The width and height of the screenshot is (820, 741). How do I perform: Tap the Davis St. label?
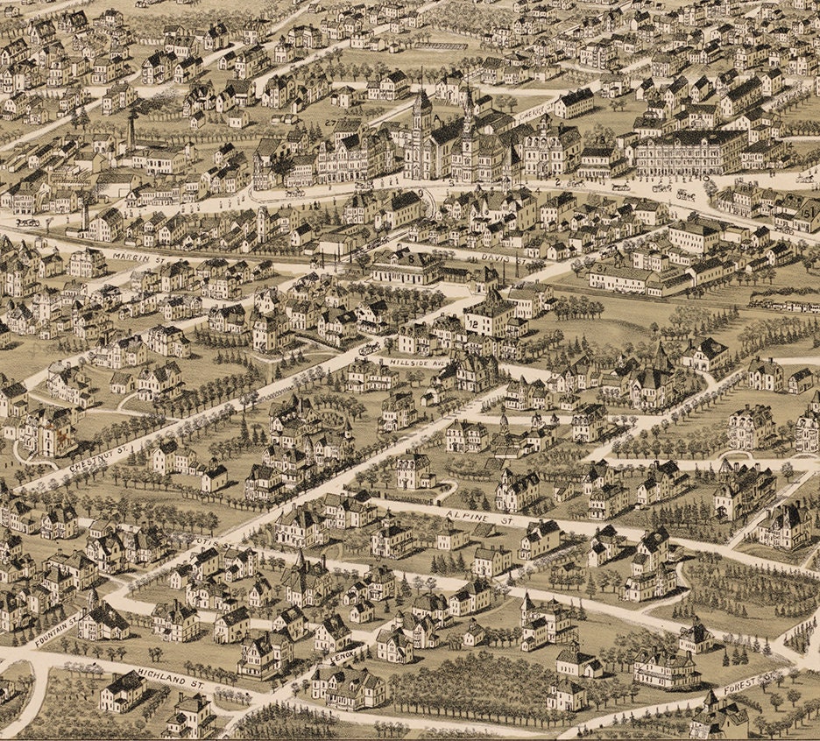[x=496, y=258]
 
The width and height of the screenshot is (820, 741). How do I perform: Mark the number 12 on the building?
[x=473, y=323]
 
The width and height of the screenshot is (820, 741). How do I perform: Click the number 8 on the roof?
[x=409, y=259]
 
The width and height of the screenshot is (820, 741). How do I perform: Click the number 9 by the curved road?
[x=421, y=194]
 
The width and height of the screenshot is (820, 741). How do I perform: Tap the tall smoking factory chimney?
[x=131, y=130]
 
